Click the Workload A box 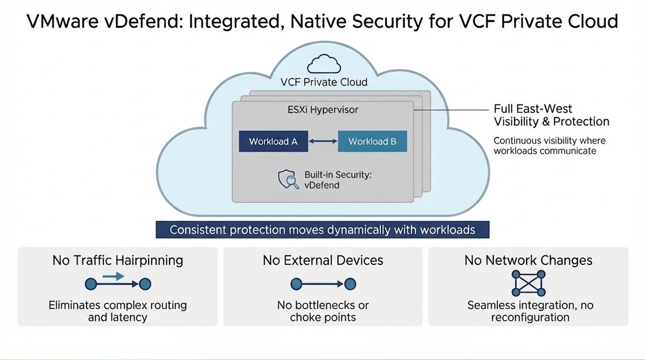tap(273, 142)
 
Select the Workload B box tap(372, 142)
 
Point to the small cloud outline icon tap(323, 64)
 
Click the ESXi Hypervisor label tap(322, 110)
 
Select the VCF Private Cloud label tap(323, 82)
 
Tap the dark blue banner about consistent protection tap(322, 230)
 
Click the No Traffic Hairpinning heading tap(118, 260)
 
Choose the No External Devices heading tap(323, 260)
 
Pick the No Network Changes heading tap(528, 260)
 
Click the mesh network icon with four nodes tap(528, 283)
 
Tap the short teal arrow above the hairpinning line tap(113, 276)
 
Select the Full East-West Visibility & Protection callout tap(551, 115)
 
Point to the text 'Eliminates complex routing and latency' tap(118, 311)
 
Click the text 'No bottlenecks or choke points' tap(323, 311)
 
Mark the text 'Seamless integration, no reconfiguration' tap(530, 311)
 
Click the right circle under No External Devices tap(350, 284)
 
